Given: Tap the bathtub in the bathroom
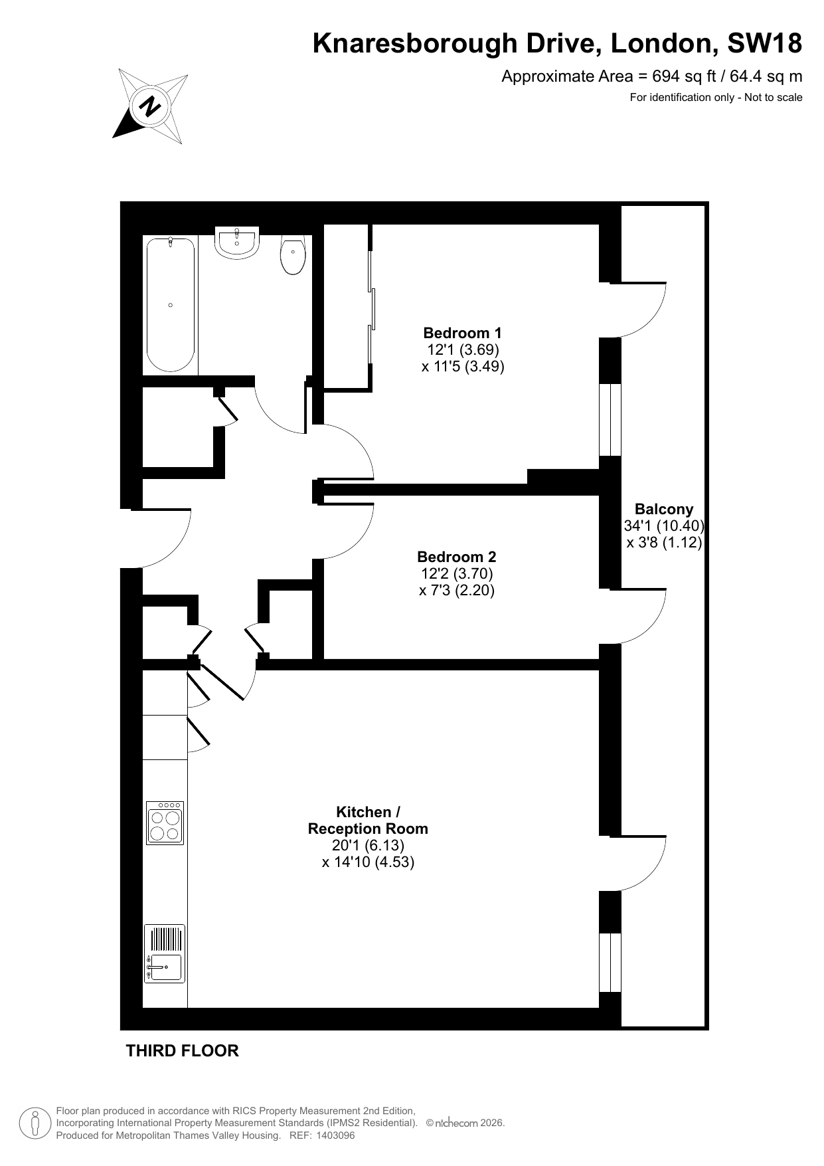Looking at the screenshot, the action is point(171,304).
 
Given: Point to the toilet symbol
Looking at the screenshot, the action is point(293,255).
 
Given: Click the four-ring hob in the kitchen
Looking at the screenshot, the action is point(165,823).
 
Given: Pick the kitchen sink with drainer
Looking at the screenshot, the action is point(165,954).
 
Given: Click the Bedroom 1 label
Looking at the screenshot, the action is point(463,333).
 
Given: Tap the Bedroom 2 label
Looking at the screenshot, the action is point(457,557).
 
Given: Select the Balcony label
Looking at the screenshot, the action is point(664,509).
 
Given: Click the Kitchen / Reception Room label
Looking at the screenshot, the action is point(368,821).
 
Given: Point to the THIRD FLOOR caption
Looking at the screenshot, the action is point(183,1050).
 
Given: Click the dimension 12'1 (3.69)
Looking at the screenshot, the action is point(463,349).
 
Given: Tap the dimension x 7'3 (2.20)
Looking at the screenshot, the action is point(457,590).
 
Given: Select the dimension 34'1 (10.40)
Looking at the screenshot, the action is point(664,526).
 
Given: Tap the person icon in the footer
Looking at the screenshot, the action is point(35,1123).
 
